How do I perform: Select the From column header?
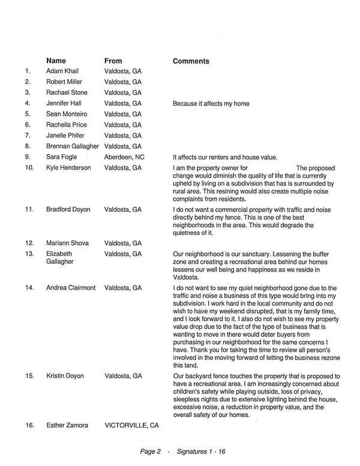click(113, 61)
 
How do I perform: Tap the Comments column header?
click(191, 61)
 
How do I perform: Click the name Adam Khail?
click(62, 71)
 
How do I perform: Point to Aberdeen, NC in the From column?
click(124, 157)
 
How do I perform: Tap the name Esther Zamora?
click(67, 425)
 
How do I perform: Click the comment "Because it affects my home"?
click(211, 104)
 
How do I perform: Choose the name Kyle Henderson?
click(68, 168)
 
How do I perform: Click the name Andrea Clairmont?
click(71, 288)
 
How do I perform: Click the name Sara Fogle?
click(61, 157)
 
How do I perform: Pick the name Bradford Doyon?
click(68, 210)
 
